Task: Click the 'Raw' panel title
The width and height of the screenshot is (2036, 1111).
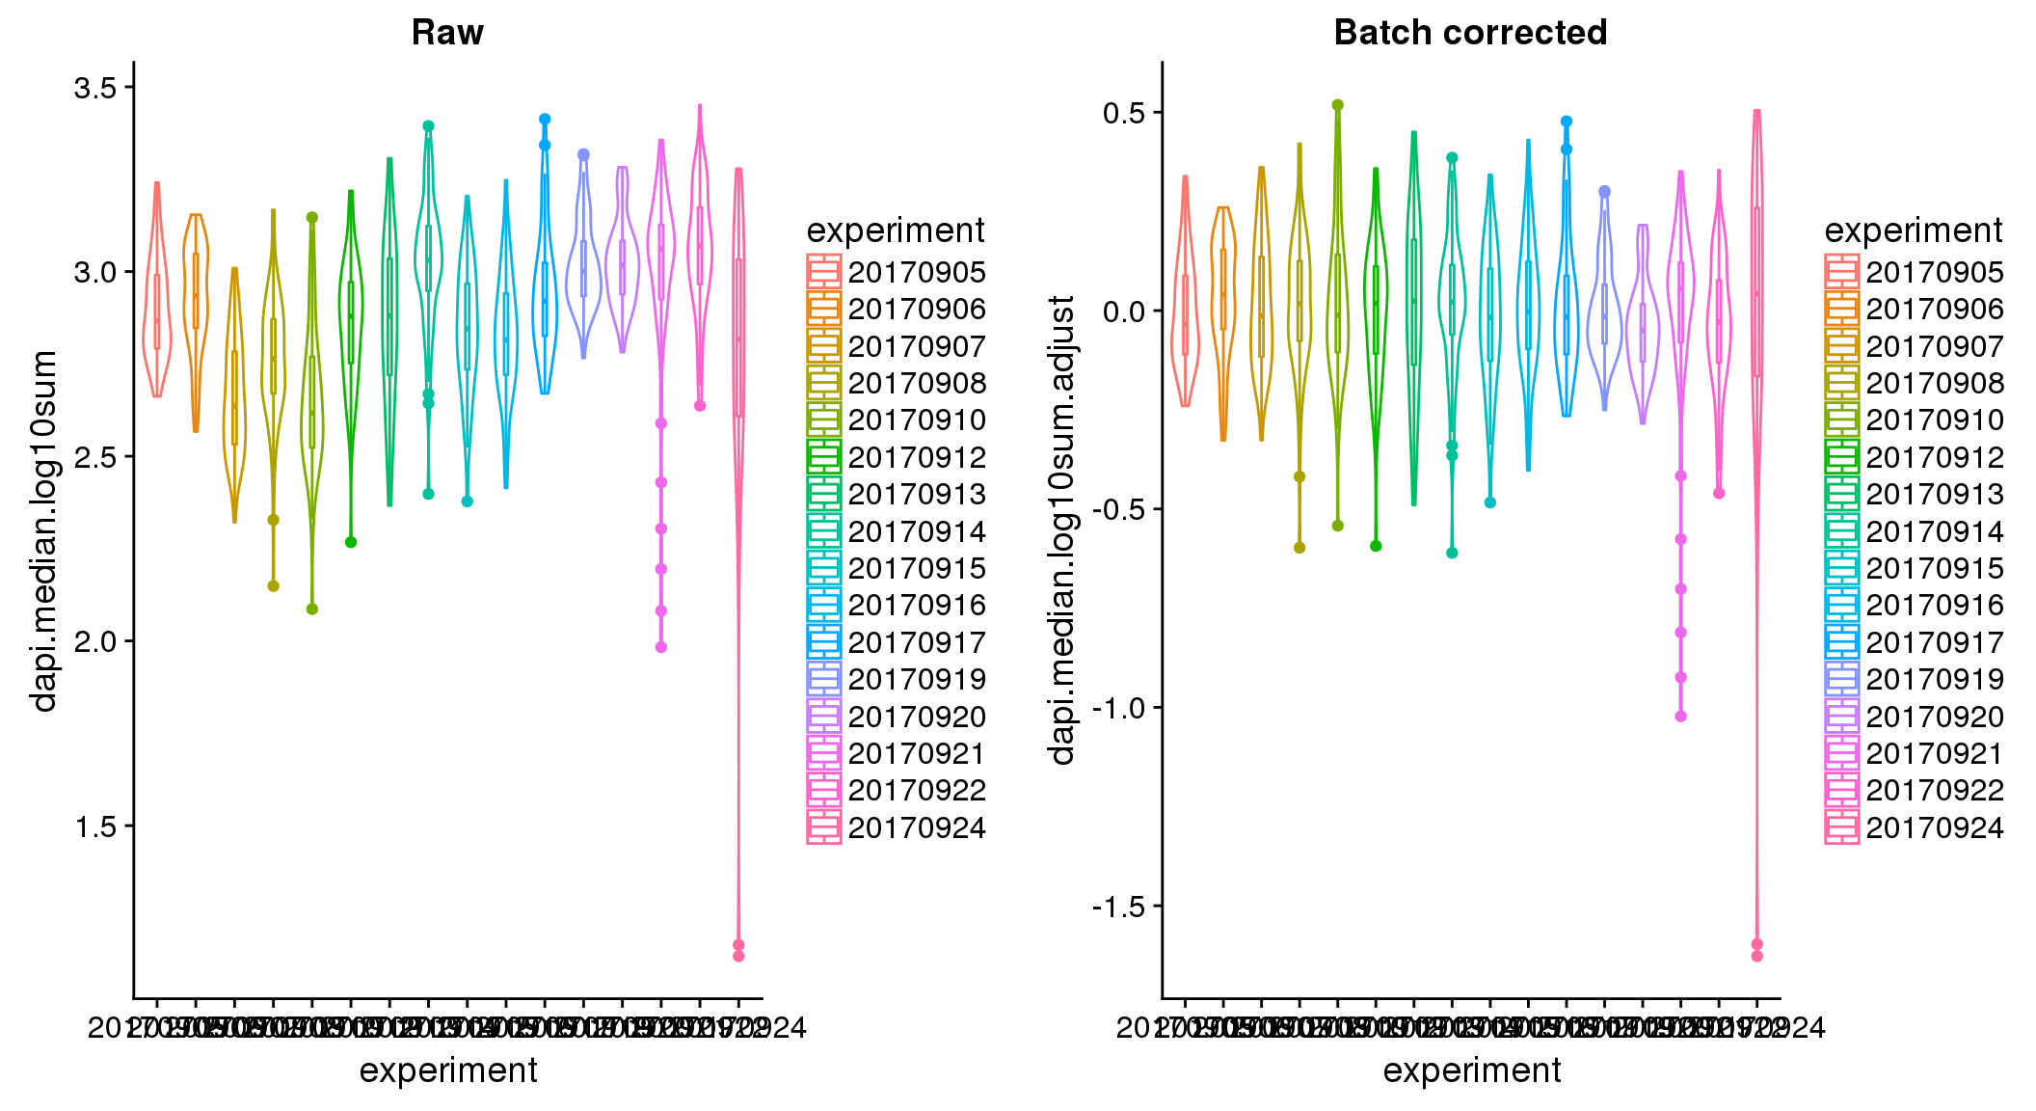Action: pyautogui.click(x=447, y=33)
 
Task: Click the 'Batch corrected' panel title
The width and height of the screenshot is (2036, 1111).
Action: pyautogui.click(x=1470, y=33)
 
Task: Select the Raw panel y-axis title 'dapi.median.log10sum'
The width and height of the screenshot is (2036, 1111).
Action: pyautogui.click(x=44, y=530)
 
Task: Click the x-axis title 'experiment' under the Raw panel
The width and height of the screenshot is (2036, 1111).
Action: pyautogui.click(x=448, y=1070)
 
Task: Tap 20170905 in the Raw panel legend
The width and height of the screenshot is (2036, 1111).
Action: pyautogui.click(x=917, y=272)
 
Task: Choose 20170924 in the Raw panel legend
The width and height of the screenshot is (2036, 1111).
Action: pyautogui.click(x=917, y=827)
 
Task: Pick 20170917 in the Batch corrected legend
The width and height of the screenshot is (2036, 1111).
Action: pyautogui.click(x=1935, y=642)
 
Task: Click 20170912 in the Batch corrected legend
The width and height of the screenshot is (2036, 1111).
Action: pyautogui.click(x=1935, y=457)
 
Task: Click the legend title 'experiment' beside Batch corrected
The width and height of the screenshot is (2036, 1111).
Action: pyautogui.click(x=1914, y=230)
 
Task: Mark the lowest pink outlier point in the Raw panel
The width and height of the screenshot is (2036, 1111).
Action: pyautogui.click(x=738, y=956)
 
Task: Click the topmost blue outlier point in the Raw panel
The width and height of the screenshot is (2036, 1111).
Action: pyautogui.click(x=545, y=120)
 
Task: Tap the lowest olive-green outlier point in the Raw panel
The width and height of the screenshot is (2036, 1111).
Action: pyautogui.click(x=312, y=610)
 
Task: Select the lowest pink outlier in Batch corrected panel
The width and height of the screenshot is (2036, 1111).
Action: pyautogui.click(x=1756, y=956)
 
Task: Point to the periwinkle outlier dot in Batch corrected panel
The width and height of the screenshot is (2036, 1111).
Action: pyautogui.click(x=1604, y=192)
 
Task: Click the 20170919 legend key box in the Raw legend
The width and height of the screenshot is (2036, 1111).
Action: pyautogui.click(x=824, y=679)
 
